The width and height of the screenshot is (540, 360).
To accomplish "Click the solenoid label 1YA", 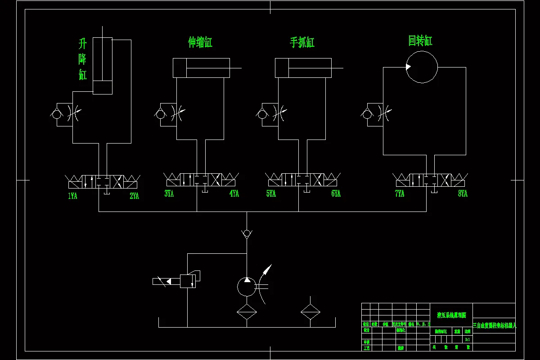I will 72,196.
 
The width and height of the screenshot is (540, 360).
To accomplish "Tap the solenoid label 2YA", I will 134,196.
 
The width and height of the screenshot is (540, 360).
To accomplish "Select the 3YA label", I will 169,193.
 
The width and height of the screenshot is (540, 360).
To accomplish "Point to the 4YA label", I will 234,193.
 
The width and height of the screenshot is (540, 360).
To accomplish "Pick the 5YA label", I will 270,193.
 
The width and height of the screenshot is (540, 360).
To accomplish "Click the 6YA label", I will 336,193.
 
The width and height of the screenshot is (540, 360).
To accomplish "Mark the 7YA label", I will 400,193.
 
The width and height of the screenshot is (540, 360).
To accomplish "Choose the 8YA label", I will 463,193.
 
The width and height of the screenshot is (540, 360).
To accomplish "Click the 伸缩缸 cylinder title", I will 200,43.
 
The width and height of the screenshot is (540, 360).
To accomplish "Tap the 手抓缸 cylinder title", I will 302,43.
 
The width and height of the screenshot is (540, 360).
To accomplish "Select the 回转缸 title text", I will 420,41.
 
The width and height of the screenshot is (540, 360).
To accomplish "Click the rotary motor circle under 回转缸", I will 422,67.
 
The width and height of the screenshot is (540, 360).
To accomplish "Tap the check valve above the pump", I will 247,233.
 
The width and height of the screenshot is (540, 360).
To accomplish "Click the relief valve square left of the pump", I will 188,281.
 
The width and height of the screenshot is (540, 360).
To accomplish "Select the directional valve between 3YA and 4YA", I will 201,181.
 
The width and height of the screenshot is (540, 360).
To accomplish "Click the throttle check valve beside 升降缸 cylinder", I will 63,113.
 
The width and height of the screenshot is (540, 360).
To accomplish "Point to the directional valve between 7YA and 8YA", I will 430,181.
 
